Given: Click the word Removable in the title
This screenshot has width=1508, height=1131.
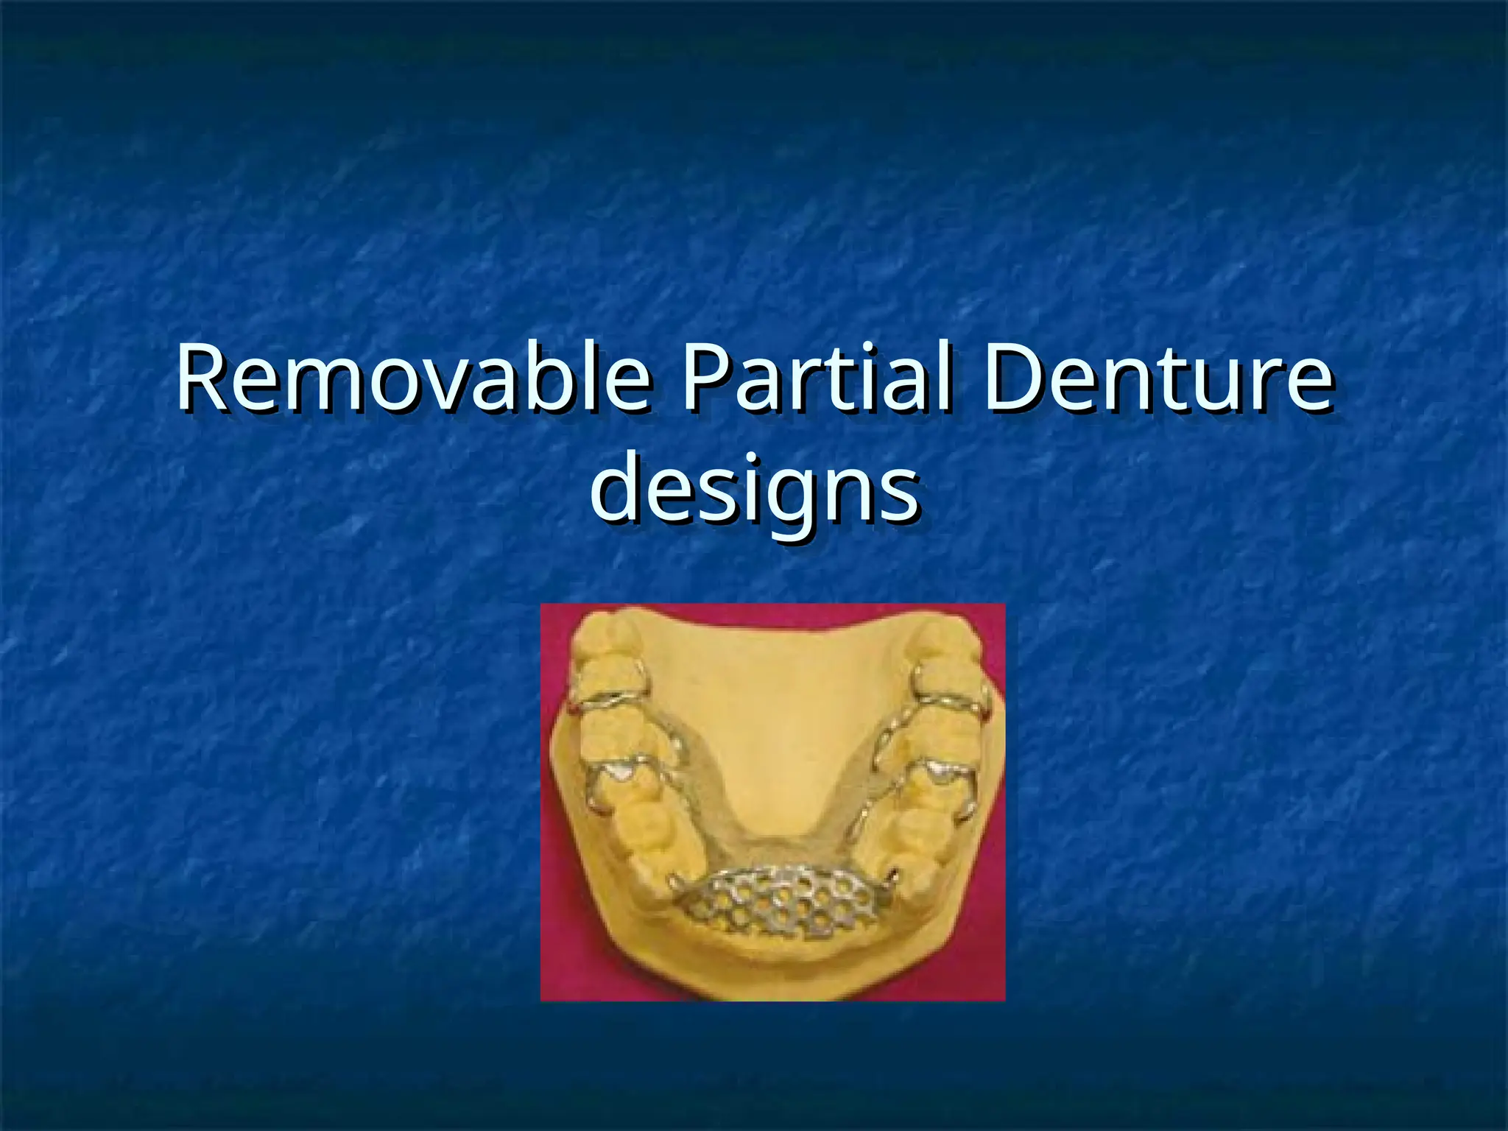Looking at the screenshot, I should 413,379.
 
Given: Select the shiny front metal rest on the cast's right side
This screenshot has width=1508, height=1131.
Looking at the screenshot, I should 940,772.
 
